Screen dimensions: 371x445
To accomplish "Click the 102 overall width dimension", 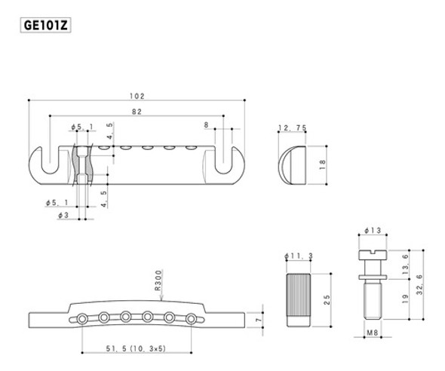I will [137, 96].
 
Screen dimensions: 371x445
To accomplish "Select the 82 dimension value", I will [136, 111].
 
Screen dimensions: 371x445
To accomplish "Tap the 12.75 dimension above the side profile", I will [290, 128].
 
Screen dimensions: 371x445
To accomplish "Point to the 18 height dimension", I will [322, 164].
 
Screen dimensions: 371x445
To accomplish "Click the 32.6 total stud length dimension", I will [427, 287].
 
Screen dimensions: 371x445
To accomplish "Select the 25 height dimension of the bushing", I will [325, 297].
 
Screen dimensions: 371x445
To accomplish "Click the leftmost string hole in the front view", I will [80, 320].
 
